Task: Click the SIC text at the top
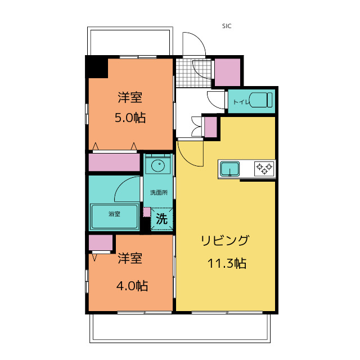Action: [x=227, y=26]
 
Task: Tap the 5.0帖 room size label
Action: [x=130, y=118]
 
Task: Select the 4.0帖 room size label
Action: [x=132, y=286]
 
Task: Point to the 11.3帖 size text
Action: [x=226, y=263]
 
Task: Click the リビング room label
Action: [x=225, y=241]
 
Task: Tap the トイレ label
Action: [x=240, y=102]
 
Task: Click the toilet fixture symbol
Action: [x=261, y=100]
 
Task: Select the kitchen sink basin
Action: [x=229, y=169]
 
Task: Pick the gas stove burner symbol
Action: [x=264, y=168]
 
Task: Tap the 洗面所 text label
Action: [x=158, y=192]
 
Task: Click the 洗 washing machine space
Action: [x=161, y=219]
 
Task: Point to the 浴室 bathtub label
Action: [x=114, y=214]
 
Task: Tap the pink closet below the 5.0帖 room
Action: [x=114, y=162]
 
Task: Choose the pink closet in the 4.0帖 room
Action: [x=101, y=243]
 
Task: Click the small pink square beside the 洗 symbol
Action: [x=147, y=212]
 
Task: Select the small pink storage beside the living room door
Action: [x=210, y=126]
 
